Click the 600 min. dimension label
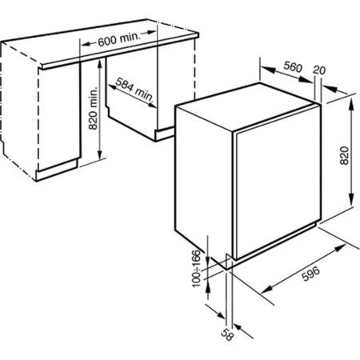pyautogui.click(x=118, y=39)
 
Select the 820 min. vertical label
pyautogui.click(x=93, y=109)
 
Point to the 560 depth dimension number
pyautogui.click(x=293, y=67)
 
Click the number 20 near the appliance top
pyautogui.click(x=319, y=70)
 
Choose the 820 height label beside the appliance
pyautogui.click(x=345, y=155)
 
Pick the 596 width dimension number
pyautogui.click(x=310, y=274)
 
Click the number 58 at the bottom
pyautogui.click(x=227, y=335)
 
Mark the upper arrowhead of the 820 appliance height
pyautogui.click(x=352, y=103)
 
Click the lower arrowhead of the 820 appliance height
pyautogui.click(x=352, y=199)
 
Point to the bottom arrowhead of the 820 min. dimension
pyautogui.click(x=100, y=154)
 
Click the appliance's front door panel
pyautogui.click(x=278, y=182)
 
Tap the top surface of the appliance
pyautogui.click(x=246, y=106)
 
